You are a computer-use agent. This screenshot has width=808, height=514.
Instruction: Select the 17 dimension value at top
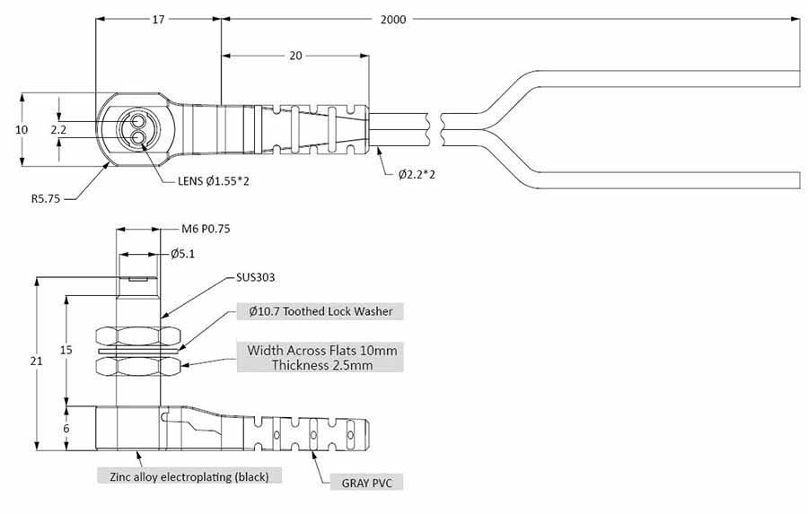(x=158, y=19)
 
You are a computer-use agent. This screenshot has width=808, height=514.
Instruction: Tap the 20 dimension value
(x=294, y=56)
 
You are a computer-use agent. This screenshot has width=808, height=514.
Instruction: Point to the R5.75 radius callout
(x=46, y=199)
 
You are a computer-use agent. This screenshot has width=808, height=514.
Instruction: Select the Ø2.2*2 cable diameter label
(x=417, y=174)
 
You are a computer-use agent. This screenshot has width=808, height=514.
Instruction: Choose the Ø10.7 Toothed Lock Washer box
(x=321, y=311)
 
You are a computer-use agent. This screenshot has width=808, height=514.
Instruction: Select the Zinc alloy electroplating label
(x=189, y=476)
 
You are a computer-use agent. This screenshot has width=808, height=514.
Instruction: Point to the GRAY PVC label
(x=366, y=483)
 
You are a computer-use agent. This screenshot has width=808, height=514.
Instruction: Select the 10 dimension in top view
(x=22, y=129)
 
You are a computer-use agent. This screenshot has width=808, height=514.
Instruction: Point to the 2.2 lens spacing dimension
(x=58, y=130)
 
